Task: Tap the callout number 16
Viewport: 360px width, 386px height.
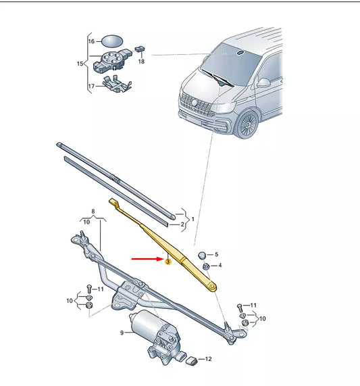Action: pyautogui.click(x=92, y=41)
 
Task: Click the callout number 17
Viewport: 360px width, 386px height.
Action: pyautogui.click(x=92, y=86)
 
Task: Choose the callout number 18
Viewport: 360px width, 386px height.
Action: pyautogui.click(x=141, y=61)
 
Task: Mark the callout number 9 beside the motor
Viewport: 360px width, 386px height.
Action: pyautogui.click(x=122, y=333)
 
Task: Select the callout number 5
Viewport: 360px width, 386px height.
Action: pyautogui.click(x=216, y=254)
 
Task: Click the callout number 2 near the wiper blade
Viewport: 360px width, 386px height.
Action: pyautogui.click(x=181, y=224)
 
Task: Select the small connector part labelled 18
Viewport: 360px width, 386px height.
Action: pyautogui.click(x=140, y=49)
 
